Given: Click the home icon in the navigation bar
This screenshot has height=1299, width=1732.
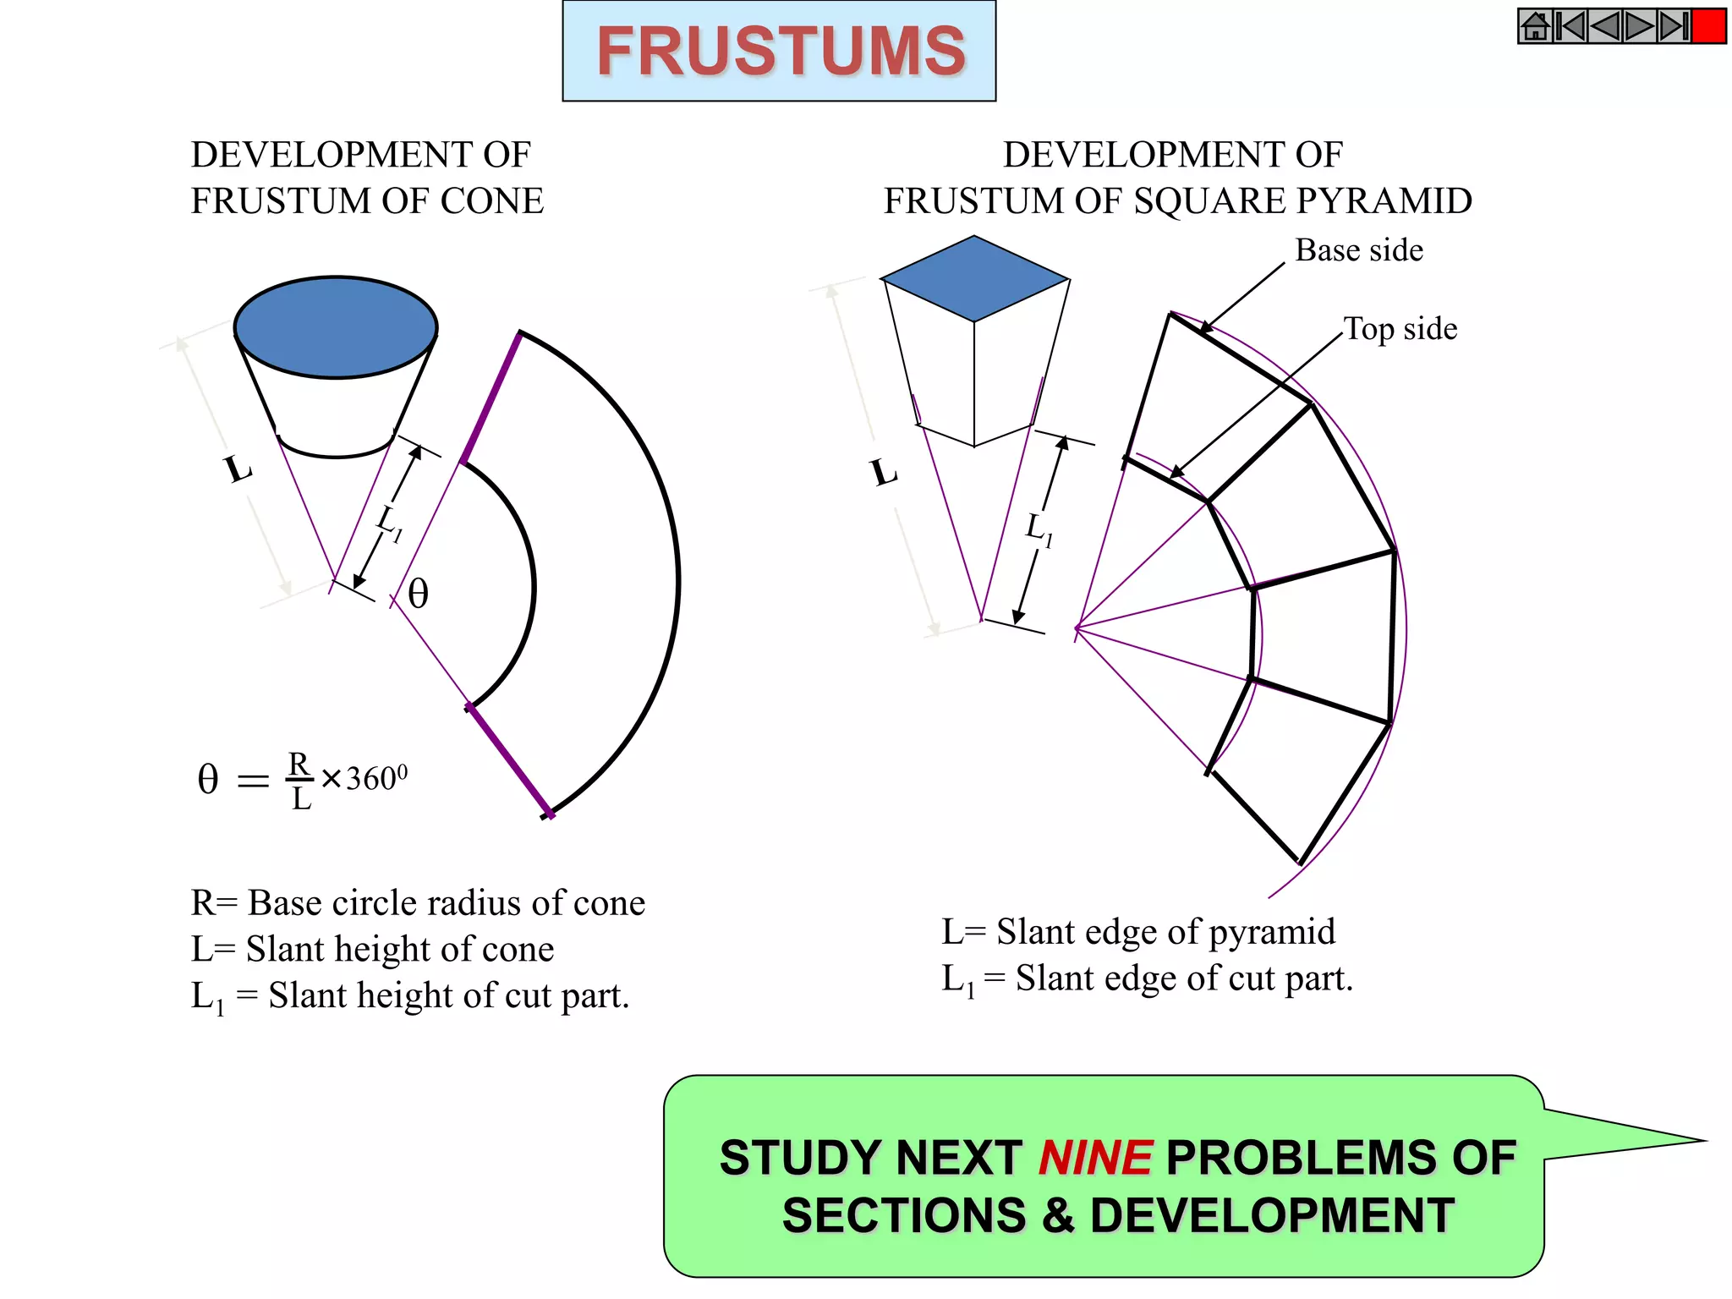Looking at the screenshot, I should click(1535, 26).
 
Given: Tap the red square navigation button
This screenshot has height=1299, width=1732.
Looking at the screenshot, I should click(1708, 26).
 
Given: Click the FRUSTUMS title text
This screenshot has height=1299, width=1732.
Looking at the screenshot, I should click(780, 51).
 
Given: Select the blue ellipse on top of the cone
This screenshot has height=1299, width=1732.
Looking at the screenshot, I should click(336, 326).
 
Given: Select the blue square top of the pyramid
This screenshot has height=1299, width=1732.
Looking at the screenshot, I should click(974, 278).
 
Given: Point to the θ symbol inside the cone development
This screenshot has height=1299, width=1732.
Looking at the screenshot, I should click(418, 594).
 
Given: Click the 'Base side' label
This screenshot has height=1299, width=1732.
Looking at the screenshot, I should click(1358, 250).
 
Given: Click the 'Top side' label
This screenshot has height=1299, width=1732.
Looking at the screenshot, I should click(1400, 329).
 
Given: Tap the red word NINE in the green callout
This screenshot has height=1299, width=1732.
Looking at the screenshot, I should click(1094, 1157).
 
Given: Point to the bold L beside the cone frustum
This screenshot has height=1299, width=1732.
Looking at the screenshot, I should click(238, 468).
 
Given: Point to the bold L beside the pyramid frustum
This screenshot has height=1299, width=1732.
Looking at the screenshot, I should click(884, 472).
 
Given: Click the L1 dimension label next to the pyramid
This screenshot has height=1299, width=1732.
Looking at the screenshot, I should click(1039, 530).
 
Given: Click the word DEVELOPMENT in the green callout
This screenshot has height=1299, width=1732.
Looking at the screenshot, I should click(1272, 1215).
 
